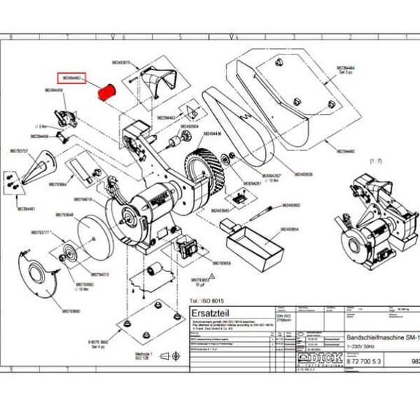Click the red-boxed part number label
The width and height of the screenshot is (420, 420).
coord(74,77)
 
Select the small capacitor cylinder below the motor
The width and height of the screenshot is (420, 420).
coord(153,272)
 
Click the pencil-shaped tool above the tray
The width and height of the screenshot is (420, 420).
coord(261,213)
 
